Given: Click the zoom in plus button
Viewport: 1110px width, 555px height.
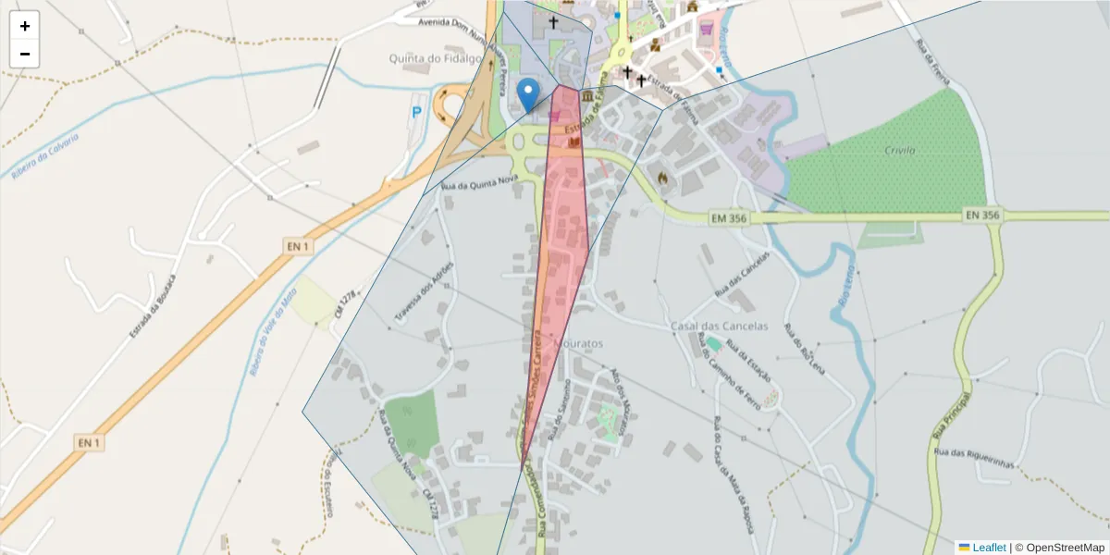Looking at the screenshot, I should click(25, 26).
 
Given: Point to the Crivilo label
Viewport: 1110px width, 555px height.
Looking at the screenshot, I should click(899, 150).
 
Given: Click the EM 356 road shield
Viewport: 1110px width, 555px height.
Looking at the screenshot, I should click(730, 218).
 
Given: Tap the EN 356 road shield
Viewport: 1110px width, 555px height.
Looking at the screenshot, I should click(982, 215).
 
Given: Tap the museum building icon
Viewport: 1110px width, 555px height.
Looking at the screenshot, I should click(588, 96).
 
